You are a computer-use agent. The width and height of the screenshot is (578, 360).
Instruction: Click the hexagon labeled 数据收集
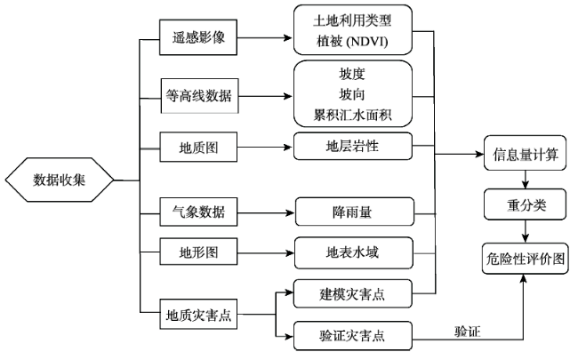tap(60, 180)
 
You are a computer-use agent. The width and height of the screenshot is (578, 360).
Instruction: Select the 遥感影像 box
tap(198, 37)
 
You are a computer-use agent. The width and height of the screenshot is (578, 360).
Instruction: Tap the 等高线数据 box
tap(199, 96)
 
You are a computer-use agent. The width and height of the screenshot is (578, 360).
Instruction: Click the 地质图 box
tap(198, 147)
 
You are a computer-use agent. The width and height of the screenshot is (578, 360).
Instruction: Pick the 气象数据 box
tap(198, 212)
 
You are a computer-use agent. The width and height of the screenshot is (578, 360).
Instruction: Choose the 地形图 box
tap(198, 252)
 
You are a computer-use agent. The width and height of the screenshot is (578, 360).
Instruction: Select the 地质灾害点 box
tap(198, 315)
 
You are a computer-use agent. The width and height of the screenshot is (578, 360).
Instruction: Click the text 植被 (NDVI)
tap(352, 41)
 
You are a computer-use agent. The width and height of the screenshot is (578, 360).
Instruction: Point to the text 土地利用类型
tap(352, 20)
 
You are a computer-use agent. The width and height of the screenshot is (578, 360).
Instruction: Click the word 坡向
tap(352, 94)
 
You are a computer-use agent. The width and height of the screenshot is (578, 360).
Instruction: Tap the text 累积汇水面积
tap(352, 115)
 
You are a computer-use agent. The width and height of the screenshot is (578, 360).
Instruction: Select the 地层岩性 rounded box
tap(353, 147)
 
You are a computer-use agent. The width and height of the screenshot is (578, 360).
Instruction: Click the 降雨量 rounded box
tap(355, 212)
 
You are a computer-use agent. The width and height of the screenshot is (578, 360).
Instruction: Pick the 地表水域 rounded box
tap(354, 252)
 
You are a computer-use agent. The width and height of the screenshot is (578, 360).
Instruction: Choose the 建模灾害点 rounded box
tap(353, 293)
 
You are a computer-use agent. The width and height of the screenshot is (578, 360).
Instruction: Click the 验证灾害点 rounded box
tap(353, 336)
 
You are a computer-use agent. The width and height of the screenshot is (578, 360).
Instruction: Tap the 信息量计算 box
tap(525, 153)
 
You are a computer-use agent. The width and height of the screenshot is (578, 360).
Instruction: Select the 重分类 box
tap(525, 204)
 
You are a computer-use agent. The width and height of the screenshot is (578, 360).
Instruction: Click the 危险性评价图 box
tap(526, 259)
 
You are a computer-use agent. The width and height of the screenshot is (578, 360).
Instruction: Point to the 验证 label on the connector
tap(468, 332)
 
